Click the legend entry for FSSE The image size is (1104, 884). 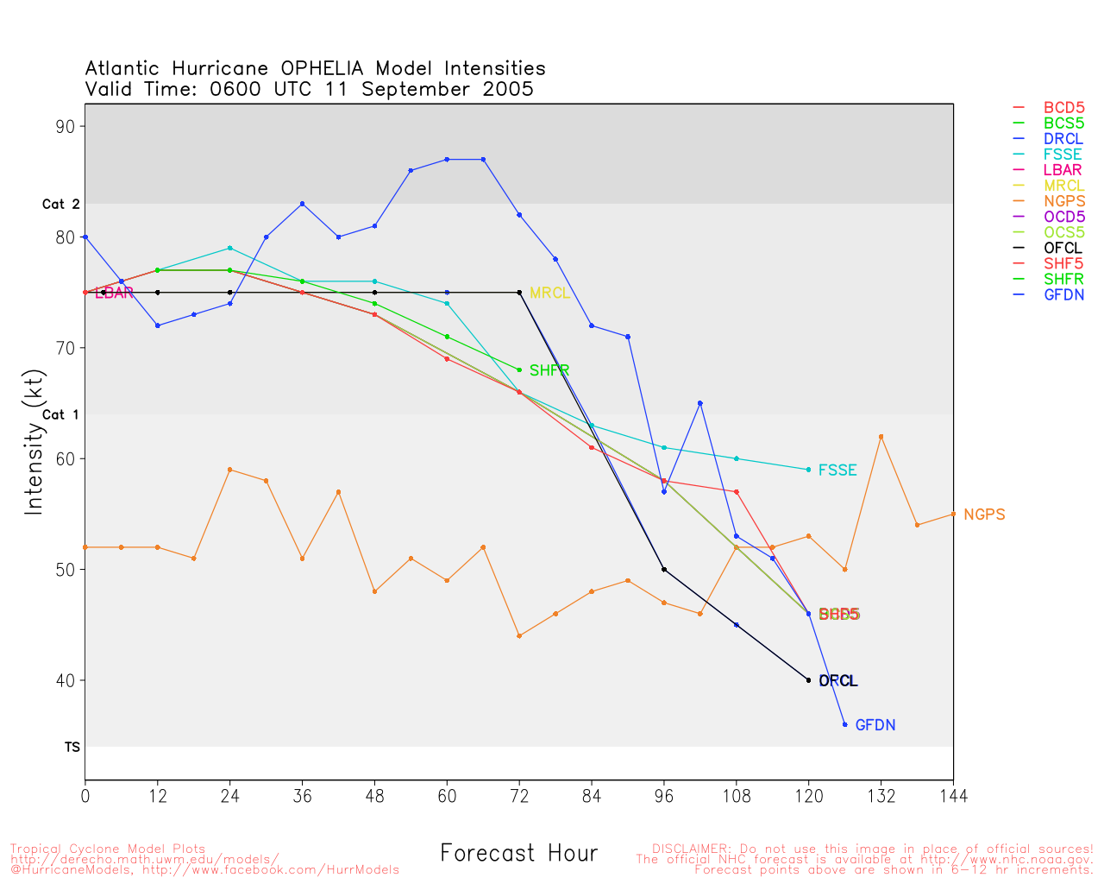1063,155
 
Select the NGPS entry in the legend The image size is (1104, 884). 1063,201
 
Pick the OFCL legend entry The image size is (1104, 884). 1063,248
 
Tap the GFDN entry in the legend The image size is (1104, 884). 1063,294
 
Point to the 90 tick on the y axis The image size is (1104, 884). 66,126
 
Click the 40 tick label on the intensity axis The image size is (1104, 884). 66,680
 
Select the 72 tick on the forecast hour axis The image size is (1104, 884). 519,796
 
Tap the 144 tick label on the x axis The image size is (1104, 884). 953,796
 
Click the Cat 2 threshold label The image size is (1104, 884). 60,205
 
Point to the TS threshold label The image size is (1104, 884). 72,747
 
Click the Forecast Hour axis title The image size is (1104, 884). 518,854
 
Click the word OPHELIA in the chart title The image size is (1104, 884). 322,68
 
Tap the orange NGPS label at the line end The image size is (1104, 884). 984,515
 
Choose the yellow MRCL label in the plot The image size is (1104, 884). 549,294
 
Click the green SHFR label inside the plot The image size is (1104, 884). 549,371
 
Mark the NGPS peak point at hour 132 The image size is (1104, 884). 881,437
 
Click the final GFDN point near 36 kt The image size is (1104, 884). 844,724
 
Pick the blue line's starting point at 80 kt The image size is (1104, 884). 85,237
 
